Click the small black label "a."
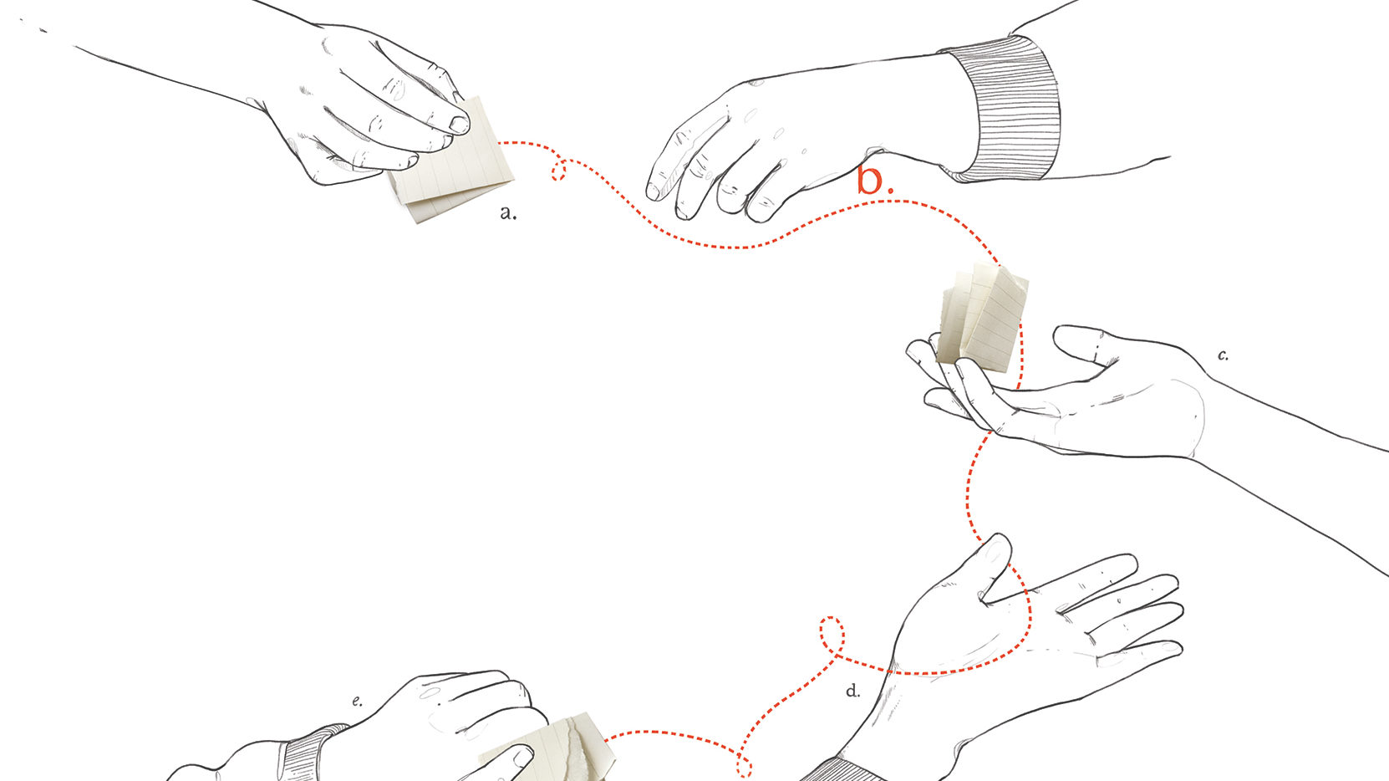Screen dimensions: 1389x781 pos(508,213)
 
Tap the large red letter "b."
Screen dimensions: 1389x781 pos(875,180)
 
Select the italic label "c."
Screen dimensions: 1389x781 pos(1223,355)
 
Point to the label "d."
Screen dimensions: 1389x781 pos(853,691)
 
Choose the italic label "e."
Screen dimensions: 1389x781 pos(357,701)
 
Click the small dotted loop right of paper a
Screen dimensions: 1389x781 pos(559,169)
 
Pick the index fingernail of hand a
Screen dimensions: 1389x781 pos(460,125)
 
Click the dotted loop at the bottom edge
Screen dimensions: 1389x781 pos(745,768)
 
